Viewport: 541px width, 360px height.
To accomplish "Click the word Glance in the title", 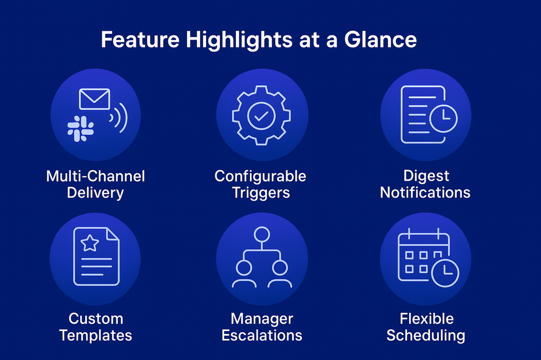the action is [381, 39].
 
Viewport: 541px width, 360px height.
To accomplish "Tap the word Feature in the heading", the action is [140, 39].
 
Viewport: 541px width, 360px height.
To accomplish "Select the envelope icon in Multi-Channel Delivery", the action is [95, 99].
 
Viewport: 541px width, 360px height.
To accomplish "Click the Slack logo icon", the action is [80, 128].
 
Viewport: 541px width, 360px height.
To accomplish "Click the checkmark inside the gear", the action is [261, 116].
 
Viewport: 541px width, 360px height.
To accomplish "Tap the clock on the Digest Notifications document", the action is [443, 118].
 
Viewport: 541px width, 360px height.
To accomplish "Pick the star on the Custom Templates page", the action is [90, 243].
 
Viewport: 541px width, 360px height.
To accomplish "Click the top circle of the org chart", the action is [262, 235].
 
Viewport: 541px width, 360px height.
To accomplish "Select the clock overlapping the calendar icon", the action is [445, 273].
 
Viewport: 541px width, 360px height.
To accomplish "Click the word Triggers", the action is [261, 193].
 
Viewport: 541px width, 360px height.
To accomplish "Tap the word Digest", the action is [426, 176].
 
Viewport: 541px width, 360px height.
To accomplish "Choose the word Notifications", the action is [425, 193].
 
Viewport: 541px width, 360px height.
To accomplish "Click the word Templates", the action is [96, 336].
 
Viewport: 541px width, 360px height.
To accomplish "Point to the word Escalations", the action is [262, 336].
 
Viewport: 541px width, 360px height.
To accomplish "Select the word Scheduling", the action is [425, 336].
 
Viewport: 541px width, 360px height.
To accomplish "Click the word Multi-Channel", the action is [96, 176].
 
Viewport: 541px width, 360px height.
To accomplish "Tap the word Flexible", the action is [427, 319].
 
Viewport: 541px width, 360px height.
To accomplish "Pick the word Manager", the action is [262, 319].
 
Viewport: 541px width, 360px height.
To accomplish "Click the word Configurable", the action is [261, 176].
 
